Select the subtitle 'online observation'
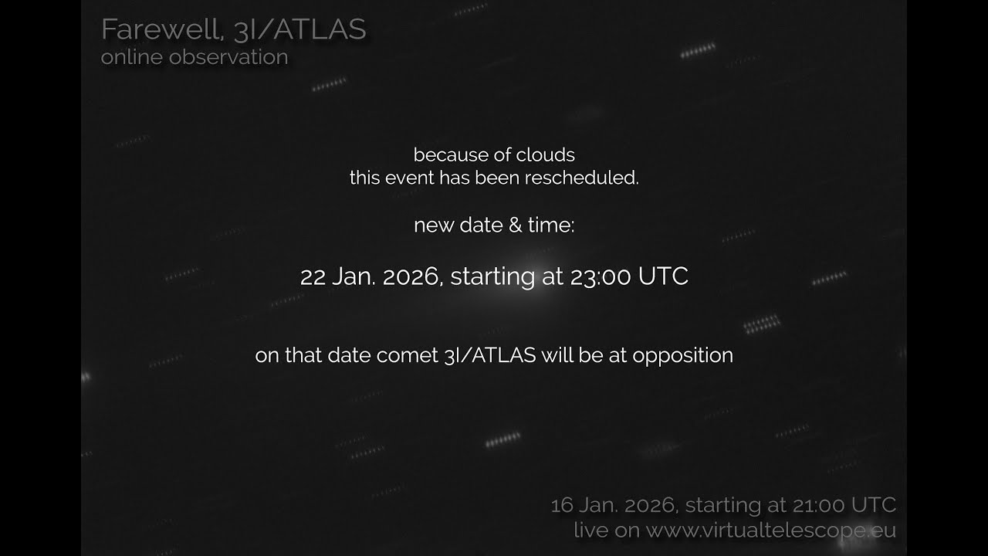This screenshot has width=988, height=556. point(195,57)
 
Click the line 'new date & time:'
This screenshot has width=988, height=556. point(494,225)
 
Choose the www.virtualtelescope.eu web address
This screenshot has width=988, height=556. point(771,531)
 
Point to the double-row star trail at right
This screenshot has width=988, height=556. point(762,323)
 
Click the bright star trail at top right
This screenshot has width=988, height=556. point(698,51)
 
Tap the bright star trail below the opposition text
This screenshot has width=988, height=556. point(502,441)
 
